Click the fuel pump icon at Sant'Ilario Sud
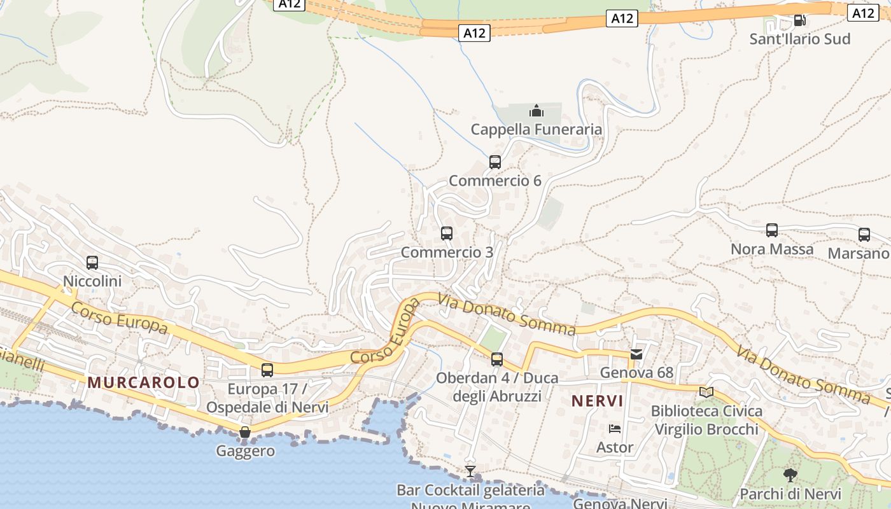click(x=799, y=20)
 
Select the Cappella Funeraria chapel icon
click(x=537, y=111)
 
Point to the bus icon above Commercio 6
click(x=495, y=162)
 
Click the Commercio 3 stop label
click(x=447, y=252)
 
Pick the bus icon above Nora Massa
click(x=772, y=230)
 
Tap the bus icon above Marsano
click(x=864, y=235)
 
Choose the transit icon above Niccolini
click(x=92, y=262)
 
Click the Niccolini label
click(x=92, y=281)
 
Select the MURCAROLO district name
click(x=144, y=382)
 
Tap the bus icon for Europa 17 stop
click(x=267, y=370)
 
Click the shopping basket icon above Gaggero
click(x=245, y=433)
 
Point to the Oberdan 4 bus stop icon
click(x=497, y=359)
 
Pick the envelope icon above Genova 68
click(x=636, y=354)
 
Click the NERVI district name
click(x=597, y=401)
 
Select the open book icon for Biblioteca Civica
click(x=706, y=392)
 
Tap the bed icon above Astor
click(x=615, y=429)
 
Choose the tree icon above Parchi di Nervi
click(x=790, y=475)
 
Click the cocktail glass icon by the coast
click(x=470, y=471)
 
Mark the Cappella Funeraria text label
click(x=537, y=130)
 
